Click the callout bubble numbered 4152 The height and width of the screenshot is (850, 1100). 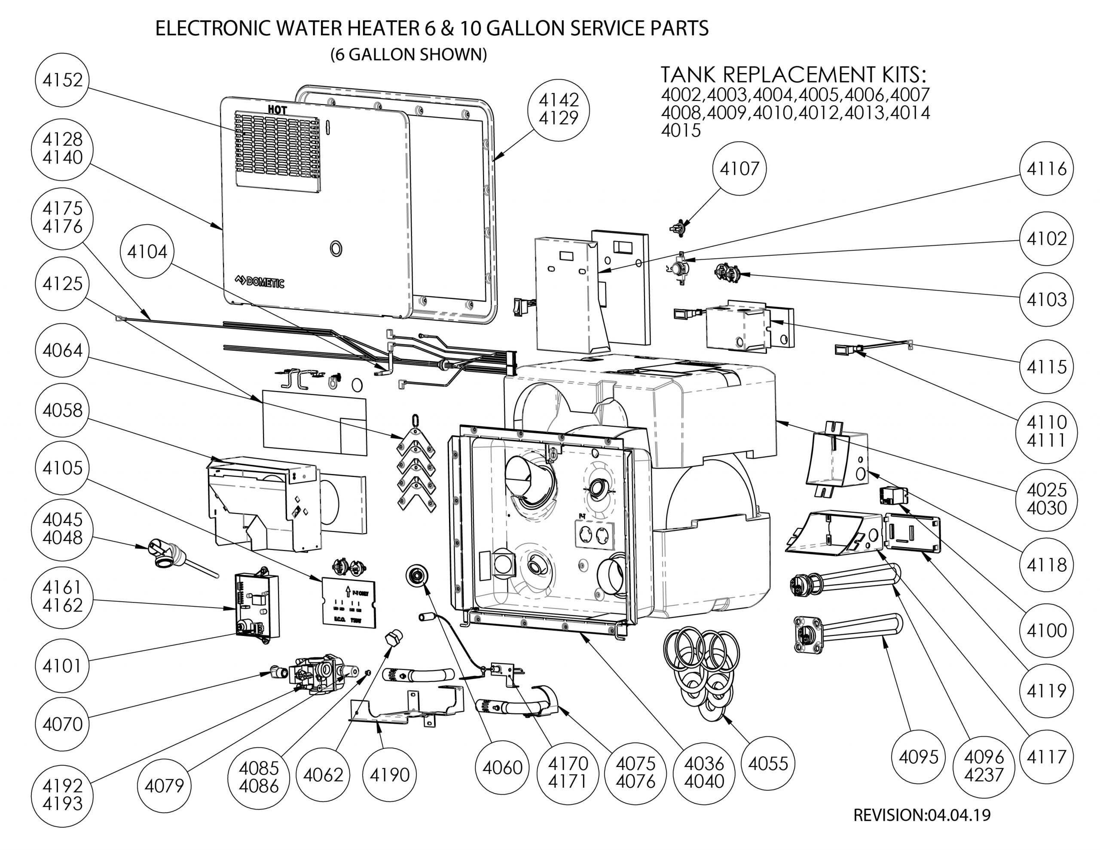coord(62,79)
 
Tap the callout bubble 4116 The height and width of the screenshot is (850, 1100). coord(1047,168)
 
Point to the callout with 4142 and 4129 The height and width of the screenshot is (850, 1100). coord(558,109)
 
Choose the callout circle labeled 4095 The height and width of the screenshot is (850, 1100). coord(919,757)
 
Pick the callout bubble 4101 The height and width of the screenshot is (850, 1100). coord(62,666)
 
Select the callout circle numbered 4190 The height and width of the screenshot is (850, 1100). coord(389,774)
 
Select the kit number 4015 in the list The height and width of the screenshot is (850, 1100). coord(681,131)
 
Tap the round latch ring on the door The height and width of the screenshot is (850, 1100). coord(336,248)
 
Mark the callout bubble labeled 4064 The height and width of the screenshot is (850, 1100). coord(62,350)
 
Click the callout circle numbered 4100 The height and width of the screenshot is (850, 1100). coord(1047,630)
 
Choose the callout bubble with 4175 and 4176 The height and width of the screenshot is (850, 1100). coord(62,217)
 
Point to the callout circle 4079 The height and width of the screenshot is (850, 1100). coord(164,785)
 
